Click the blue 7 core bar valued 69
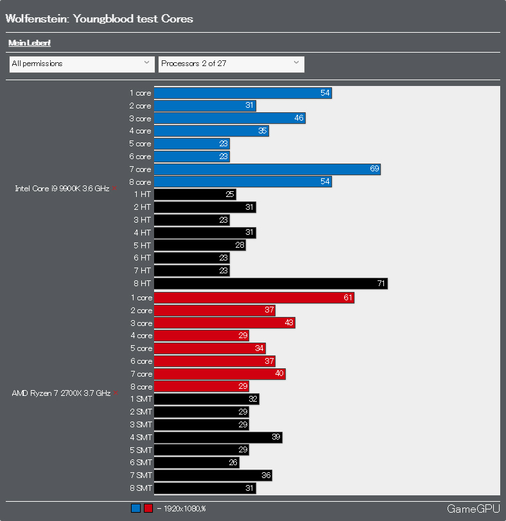point(267,169)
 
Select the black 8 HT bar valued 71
point(270,284)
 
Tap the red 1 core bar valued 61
point(254,298)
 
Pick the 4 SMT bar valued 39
point(218,438)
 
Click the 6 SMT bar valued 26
point(196,463)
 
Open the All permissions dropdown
point(82,64)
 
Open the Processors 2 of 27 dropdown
point(231,64)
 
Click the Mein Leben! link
point(30,43)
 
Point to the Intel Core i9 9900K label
point(62,189)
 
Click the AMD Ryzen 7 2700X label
point(61,393)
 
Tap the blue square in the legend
point(135,509)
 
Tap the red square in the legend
point(148,509)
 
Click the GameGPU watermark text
point(473,509)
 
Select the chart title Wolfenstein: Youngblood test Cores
point(99,19)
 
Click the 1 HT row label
point(143,194)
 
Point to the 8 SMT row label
point(141,488)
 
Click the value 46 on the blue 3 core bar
point(299,119)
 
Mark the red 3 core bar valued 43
point(224,323)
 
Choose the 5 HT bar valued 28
point(200,246)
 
